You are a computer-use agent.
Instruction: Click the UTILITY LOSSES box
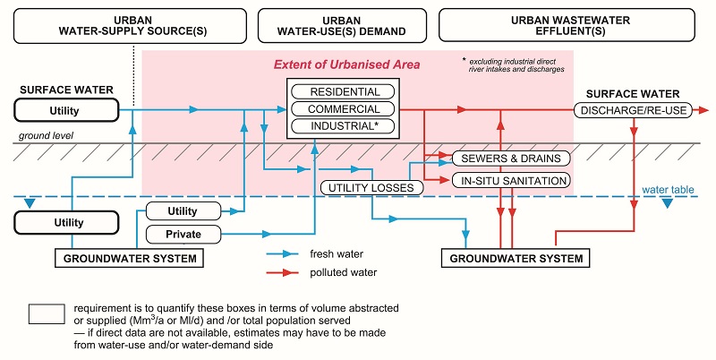367,187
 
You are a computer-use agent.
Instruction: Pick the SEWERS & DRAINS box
511,159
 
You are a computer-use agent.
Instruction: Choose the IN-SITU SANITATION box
511,181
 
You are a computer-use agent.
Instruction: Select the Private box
183,235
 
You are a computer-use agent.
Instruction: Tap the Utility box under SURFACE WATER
66,110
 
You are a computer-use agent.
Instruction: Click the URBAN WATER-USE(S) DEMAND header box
342,25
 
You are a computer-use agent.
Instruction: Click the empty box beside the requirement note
47,313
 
